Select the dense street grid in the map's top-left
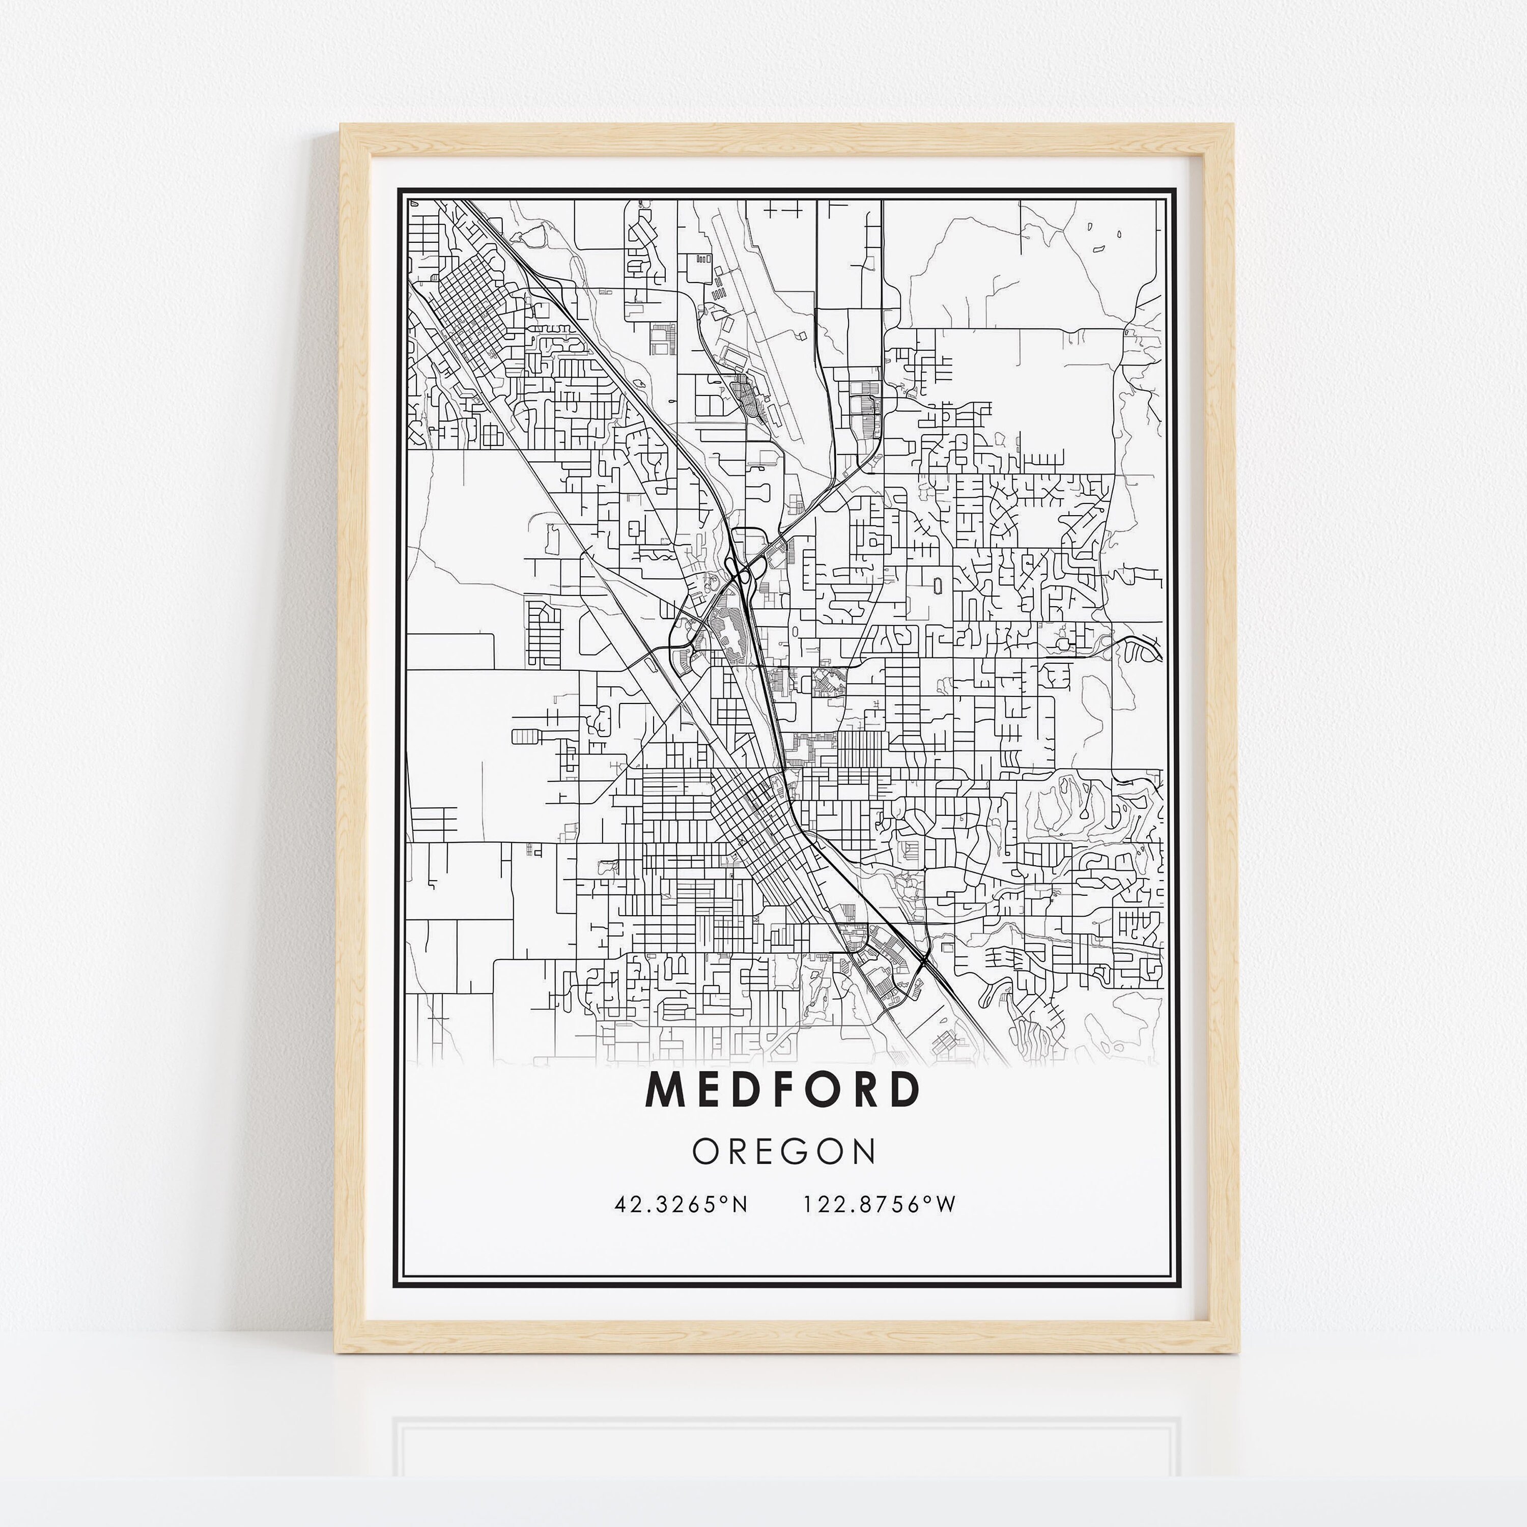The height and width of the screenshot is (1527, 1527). (x=466, y=308)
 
